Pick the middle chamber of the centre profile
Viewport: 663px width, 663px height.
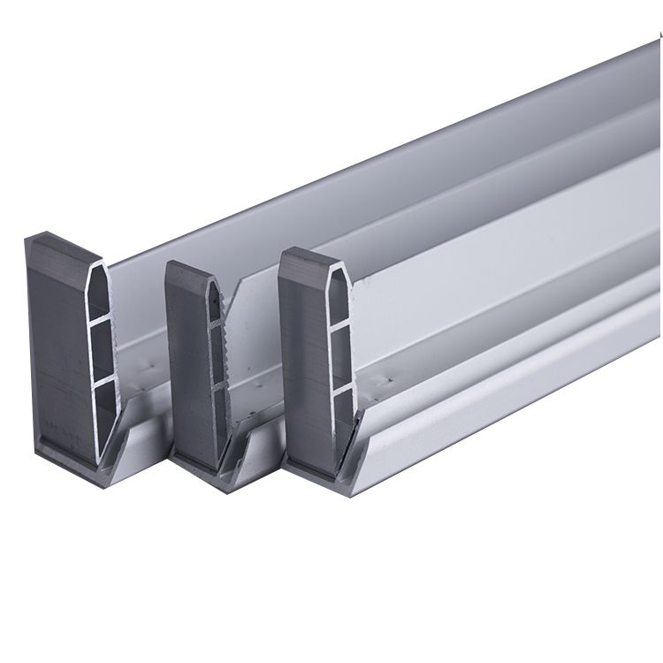pos(216,353)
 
